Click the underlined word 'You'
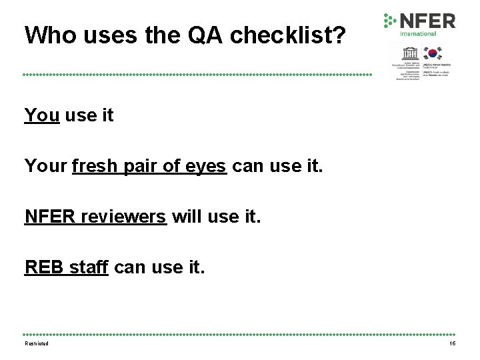click(41, 115)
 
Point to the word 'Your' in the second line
click(45, 165)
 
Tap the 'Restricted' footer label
click(37, 343)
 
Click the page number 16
click(452, 343)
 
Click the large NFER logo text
click(427, 21)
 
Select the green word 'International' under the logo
click(418, 34)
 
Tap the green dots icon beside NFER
click(389, 21)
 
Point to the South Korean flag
click(434, 54)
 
